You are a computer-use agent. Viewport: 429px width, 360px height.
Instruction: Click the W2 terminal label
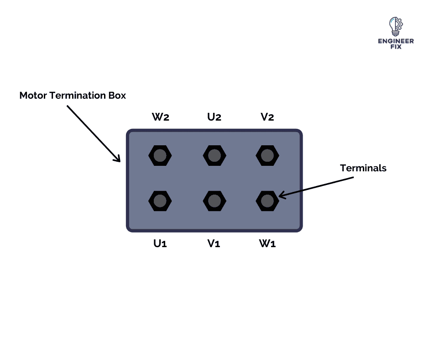click(161, 117)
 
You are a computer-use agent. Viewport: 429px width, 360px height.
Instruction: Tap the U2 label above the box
click(214, 117)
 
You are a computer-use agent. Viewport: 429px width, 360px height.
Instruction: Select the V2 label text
click(267, 117)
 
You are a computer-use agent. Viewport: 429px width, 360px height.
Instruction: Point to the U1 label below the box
click(160, 244)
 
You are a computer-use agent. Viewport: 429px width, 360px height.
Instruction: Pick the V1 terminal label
click(214, 244)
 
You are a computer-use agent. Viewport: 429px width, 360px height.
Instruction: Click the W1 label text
click(267, 244)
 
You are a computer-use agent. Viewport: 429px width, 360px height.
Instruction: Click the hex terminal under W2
click(160, 156)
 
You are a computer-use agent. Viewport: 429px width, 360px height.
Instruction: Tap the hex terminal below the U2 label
click(214, 156)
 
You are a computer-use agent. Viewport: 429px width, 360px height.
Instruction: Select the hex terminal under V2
click(267, 156)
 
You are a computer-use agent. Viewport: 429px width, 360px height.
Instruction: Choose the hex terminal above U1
click(160, 201)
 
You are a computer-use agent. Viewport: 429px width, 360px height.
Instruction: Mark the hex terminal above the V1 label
click(214, 201)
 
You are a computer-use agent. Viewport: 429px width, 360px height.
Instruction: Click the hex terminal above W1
click(267, 201)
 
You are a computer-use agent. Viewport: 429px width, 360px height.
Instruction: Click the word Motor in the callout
click(33, 95)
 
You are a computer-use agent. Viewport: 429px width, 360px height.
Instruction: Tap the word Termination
click(78, 95)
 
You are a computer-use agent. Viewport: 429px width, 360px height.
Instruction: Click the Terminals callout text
click(363, 168)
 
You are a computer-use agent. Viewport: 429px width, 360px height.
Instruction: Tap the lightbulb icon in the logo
click(396, 26)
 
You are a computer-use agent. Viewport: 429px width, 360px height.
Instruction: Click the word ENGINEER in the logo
click(396, 41)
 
